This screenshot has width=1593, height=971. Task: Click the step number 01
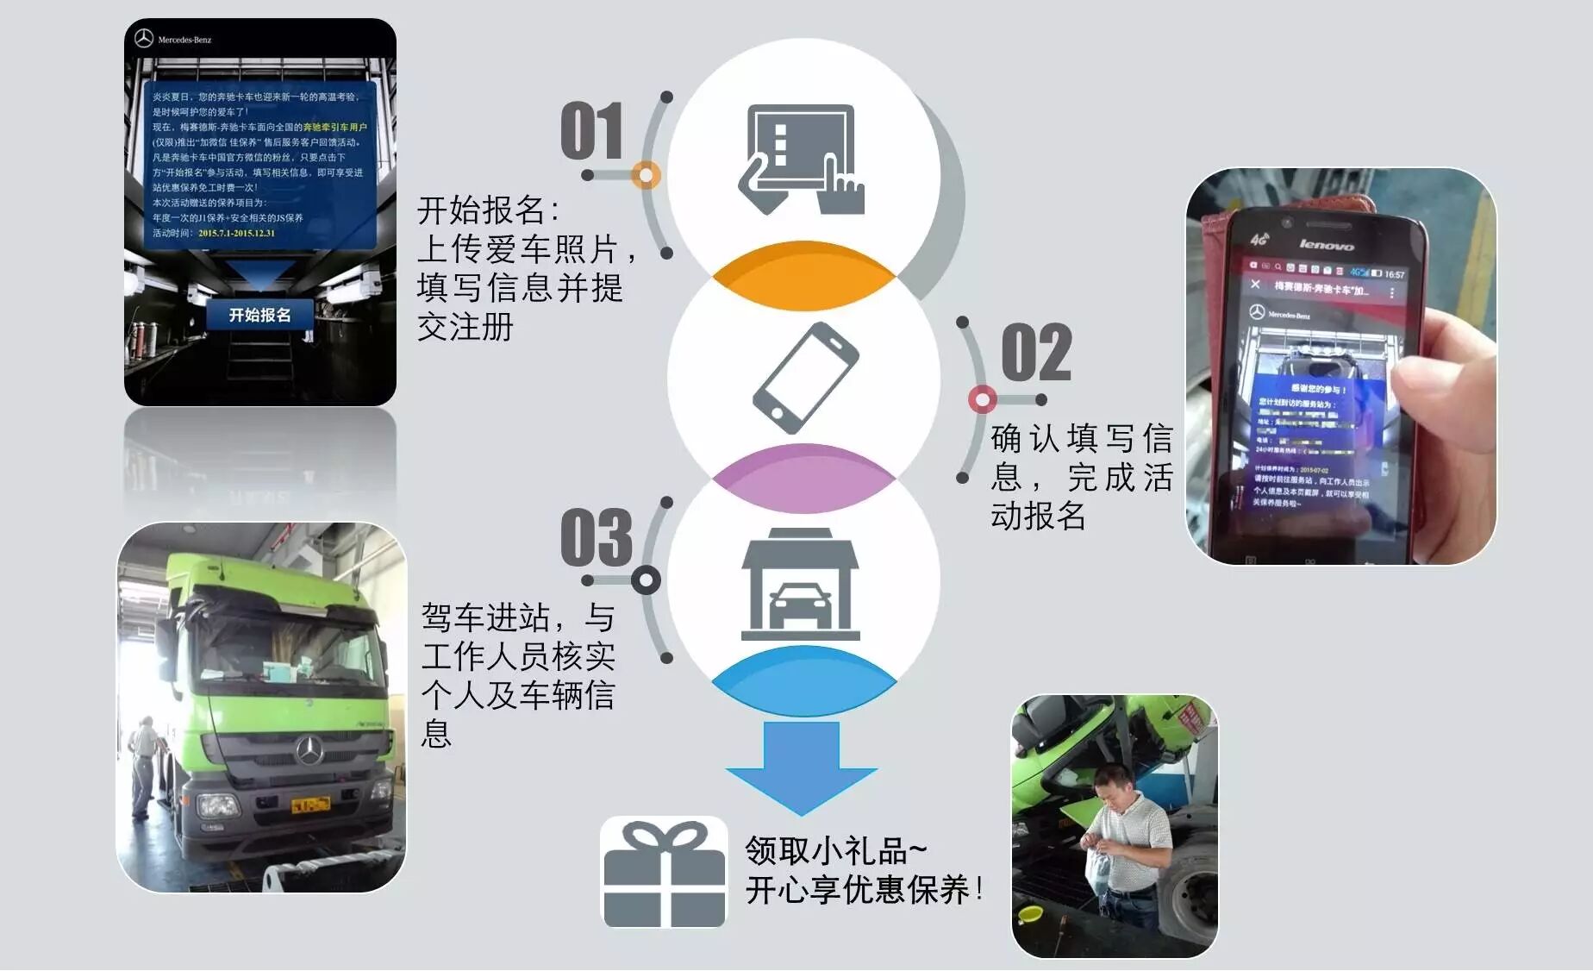591,131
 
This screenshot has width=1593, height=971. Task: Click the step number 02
1036,353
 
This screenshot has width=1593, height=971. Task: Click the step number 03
597,536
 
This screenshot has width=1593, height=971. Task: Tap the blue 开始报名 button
259,316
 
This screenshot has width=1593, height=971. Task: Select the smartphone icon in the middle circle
804,377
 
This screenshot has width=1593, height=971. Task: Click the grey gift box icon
664,873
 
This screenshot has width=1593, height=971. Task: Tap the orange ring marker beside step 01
645,175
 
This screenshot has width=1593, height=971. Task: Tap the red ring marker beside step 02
982,399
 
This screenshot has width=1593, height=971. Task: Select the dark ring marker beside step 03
646,579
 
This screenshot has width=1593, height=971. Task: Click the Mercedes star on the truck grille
309,751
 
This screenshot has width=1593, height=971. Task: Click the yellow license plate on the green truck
310,805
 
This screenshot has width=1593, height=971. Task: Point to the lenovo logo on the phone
1326,245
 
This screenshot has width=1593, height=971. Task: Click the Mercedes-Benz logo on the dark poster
172,40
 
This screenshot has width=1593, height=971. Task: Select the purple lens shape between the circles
803,479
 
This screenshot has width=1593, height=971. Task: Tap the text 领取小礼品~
834,850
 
